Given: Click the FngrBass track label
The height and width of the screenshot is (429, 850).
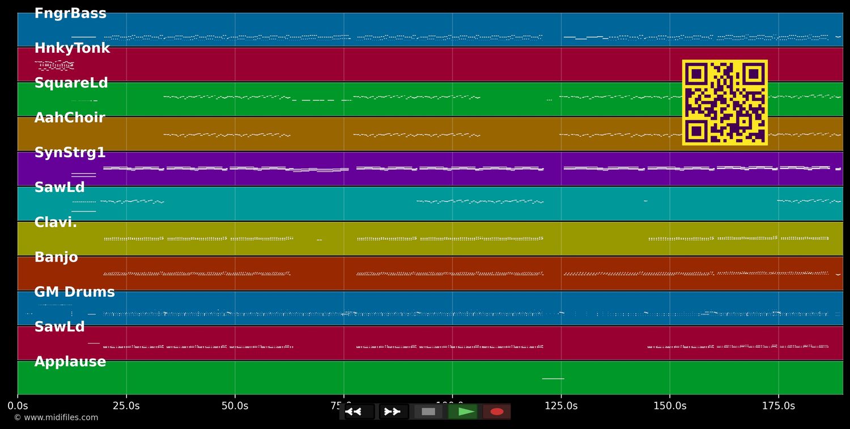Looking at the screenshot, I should tap(70, 14).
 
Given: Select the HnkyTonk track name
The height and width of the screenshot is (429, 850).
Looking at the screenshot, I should tap(72, 48).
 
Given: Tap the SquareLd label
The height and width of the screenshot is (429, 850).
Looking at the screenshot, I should tap(71, 83).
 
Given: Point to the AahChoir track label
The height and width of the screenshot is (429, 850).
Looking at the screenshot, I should tap(70, 118).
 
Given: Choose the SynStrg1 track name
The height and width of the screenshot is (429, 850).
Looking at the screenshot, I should tap(70, 153).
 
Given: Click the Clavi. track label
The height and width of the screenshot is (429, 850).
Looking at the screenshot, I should tap(56, 222).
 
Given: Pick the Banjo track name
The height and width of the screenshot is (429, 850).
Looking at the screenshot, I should tap(56, 257).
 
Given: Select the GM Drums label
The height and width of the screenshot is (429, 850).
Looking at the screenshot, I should tap(74, 292).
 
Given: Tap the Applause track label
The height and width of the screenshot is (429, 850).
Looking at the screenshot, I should tap(70, 361).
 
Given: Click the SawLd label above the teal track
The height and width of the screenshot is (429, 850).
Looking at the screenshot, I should tap(59, 187).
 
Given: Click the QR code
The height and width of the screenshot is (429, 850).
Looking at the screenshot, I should tap(725, 102).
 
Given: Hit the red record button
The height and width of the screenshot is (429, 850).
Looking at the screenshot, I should tap(497, 411).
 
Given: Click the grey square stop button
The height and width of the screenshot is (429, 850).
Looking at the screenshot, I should tap(428, 411).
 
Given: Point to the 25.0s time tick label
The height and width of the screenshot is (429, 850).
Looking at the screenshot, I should tap(126, 406).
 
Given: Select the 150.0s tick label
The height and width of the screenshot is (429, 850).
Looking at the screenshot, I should tap(669, 406).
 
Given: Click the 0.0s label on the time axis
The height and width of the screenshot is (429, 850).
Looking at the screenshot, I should tap(18, 406).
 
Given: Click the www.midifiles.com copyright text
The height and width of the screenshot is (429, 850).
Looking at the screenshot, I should tap(56, 418).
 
